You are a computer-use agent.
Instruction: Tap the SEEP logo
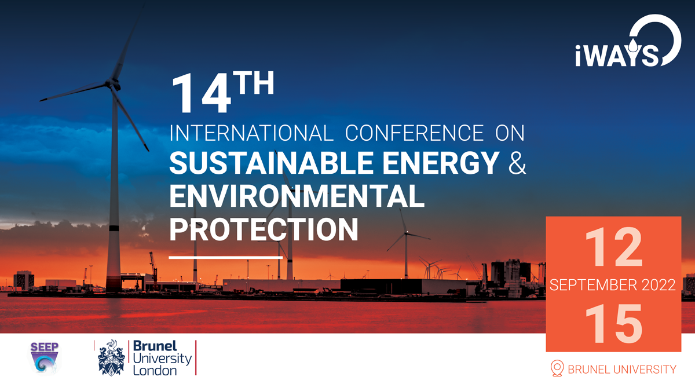(x=45, y=358)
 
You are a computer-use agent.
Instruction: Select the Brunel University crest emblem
(x=111, y=358)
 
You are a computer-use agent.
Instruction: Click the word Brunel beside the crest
(x=155, y=346)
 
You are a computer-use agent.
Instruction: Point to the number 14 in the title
(x=202, y=94)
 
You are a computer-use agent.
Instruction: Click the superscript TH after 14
(x=254, y=82)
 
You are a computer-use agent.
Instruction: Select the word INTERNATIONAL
(x=251, y=133)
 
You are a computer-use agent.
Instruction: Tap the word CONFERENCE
(x=414, y=133)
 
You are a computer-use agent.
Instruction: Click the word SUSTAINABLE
(x=271, y=163)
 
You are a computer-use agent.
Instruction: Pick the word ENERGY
(x=441, y=163)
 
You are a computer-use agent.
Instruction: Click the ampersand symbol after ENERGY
(x=517, y=163)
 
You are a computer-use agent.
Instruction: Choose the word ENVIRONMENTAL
(x=297, y=196)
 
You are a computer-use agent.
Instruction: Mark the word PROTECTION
(x=264, y=229)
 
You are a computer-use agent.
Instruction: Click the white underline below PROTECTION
(x=225, y=257)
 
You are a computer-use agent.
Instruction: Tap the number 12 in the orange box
(x=613, y=247)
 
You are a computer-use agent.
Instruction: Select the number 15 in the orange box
(x=613, y=323)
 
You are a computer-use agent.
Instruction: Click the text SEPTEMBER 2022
(x=613, y=285)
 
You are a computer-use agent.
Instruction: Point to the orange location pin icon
(x=557, y=368)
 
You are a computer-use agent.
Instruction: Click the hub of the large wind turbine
(x=112, y=84)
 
